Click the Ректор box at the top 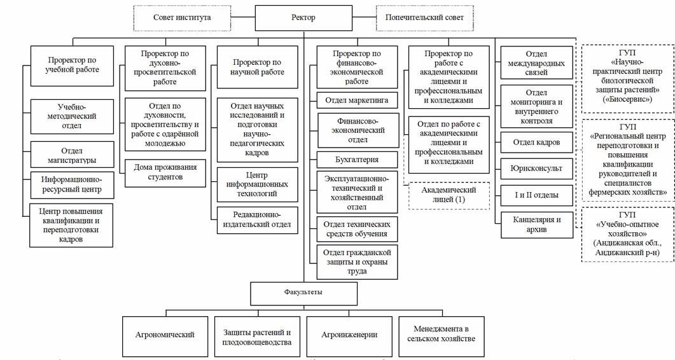pos(303,18)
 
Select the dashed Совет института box pos(181,18)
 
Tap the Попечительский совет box pos(424,18)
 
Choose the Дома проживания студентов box pos(165,172)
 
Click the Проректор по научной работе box pos(258,67)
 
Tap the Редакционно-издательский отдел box pos(258,219)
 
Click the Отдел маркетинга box pos(357,100)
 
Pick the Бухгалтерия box pos(357,159)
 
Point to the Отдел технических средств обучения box pos(357,229)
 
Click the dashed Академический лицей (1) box pos(449,195)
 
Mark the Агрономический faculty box pos(165,335)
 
